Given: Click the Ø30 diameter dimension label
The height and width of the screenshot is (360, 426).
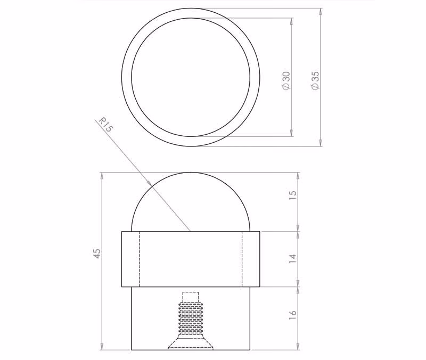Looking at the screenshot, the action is (286, 80).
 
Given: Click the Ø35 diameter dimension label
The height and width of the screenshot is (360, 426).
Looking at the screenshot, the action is (315, 80).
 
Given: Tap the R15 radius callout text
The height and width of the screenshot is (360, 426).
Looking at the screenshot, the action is (105, 125).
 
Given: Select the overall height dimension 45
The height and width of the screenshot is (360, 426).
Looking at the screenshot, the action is (97, 253).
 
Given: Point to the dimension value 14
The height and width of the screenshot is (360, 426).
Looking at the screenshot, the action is (292, 259).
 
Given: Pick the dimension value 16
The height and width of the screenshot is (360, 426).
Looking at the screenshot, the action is (292, 314).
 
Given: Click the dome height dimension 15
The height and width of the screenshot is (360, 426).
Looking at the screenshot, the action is (292, 195).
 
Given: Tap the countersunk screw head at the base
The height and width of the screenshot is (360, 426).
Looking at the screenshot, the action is (191, 343).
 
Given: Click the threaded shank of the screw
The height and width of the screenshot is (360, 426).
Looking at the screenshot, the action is (191, 320).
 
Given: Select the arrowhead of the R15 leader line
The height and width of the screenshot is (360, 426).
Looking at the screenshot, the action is (149, 183).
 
